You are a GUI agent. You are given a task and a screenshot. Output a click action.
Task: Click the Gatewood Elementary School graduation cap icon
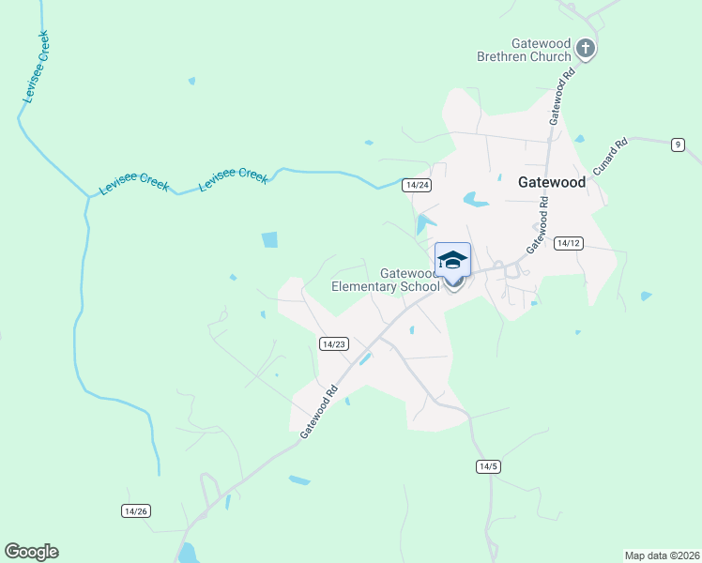coord(452,260)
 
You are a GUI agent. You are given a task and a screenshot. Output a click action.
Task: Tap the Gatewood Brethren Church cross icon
coord(586,48)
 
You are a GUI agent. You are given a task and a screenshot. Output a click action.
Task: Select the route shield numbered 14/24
coord(417,185)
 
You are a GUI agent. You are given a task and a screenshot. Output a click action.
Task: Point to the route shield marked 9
coord(678,145)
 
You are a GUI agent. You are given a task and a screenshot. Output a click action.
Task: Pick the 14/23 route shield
coord(334,344)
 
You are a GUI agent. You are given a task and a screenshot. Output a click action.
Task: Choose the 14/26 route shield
coord(136,510)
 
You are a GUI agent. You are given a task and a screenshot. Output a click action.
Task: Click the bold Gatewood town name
coord(552,183)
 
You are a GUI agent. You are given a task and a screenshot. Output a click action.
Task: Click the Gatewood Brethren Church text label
coord(542,50)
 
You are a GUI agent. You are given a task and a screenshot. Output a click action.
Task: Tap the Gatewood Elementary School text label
coord(386,280)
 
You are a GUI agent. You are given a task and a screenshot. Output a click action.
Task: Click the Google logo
coord(31,552)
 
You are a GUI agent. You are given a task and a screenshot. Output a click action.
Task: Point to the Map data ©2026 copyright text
coord(662,555)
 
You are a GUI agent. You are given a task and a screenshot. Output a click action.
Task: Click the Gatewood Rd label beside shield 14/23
coord(319,411)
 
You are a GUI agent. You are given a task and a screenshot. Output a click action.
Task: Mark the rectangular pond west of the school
coord(270,239)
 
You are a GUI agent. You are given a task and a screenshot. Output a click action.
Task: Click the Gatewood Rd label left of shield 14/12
coord(538,225)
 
